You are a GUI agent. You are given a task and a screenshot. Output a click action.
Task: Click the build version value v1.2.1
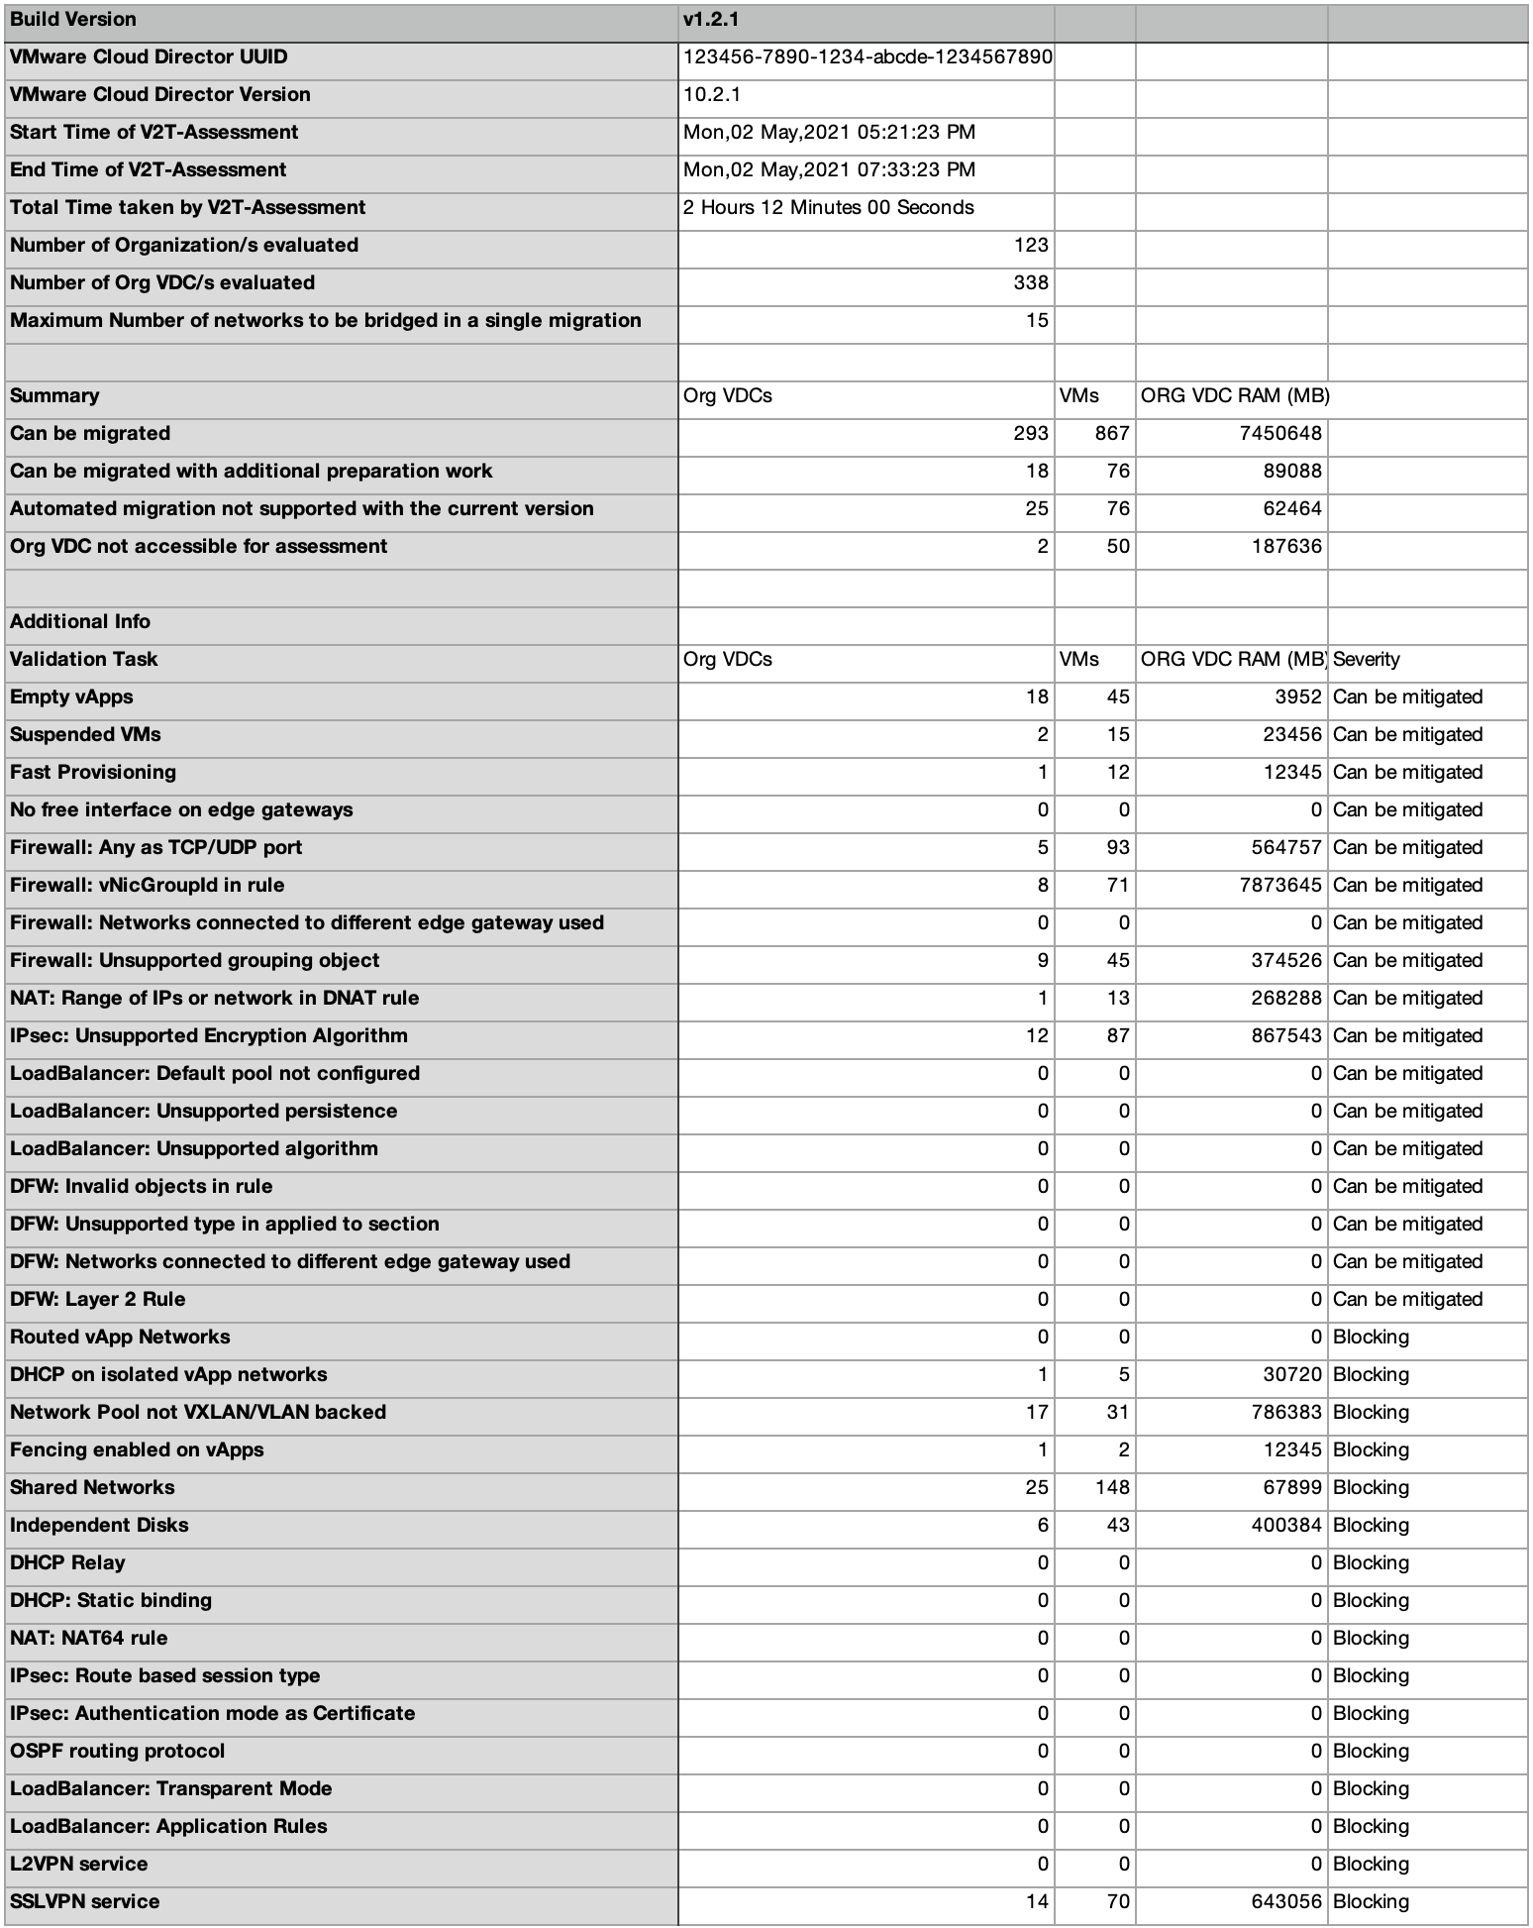pyautogui.click(x=711, y=19)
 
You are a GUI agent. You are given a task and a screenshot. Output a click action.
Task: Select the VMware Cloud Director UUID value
pyautogui.click(x=868, y=56)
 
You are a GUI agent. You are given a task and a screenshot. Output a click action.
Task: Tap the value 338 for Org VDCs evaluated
pyautogui.click(x=1031, y=282)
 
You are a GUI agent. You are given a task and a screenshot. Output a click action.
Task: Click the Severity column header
pyautogui.click(x=1367, y=659)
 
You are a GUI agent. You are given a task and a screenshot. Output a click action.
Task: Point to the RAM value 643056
pyautogui.click(x=1286, y=1901)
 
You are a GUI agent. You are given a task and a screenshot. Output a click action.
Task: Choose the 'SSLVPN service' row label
pyautogui.click(x=85, y=1901)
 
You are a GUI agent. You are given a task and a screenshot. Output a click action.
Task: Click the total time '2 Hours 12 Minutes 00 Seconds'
pyautogui.click(x=829, y=207)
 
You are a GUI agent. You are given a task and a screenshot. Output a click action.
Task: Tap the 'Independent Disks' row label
pyautogui.click(x=99, y=1525)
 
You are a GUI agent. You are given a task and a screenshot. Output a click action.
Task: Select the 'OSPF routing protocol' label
pyautogui.click(x=118, y=1751)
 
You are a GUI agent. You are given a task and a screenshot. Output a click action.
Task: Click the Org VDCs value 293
pyautogui.click(x=1031, y=433)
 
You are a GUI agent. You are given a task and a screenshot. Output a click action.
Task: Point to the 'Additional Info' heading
pyautogui.click(x=80, y=621)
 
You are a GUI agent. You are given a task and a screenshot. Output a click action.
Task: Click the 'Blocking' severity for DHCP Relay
pyautogui.click(x=1371, y=1562)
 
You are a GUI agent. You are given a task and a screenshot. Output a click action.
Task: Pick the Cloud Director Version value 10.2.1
pyautogui.click(x=712, y=94)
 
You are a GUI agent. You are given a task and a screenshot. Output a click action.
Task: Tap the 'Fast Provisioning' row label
pyautogui.click(x=93, y=772)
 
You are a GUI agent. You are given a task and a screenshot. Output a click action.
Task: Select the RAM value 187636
pyautogui.click(x=1286, y=546)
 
